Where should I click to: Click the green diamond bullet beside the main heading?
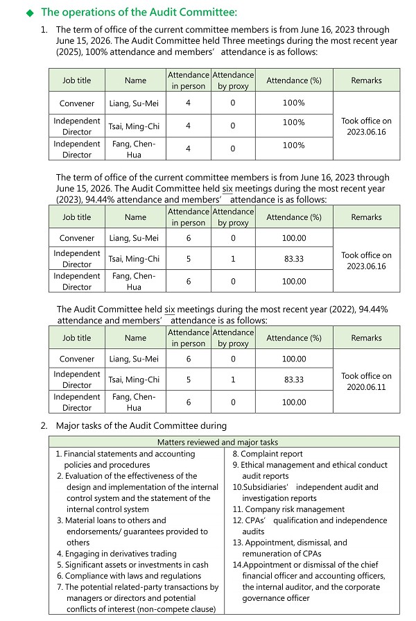point(29,12)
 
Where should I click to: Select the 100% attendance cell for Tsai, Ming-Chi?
point(294,123)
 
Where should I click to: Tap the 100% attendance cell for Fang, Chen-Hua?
point(294,146)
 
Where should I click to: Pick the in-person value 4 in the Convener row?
point(188,103)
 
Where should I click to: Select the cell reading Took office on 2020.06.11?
point(366,381)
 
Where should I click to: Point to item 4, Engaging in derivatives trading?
point(116,554)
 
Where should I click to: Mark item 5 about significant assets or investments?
point(132,565)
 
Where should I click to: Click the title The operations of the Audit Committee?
point(139,12)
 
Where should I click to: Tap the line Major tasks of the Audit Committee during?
point(141,425)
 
